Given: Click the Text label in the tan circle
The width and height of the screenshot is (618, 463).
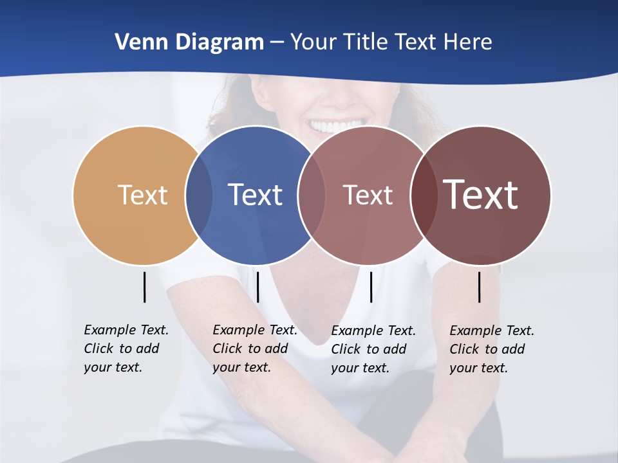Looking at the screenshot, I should (142, 195).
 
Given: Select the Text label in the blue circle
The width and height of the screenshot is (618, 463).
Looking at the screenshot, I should (255, 195).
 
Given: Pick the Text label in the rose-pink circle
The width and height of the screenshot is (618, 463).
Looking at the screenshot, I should (368, 195).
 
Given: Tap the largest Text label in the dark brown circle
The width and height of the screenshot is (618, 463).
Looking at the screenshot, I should (481, 195).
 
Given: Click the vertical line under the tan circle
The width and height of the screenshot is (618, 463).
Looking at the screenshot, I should (144, 287).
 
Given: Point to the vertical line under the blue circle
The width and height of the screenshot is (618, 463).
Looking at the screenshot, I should (257, 287).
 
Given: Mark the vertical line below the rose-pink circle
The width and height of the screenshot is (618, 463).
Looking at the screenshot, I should (371, 287).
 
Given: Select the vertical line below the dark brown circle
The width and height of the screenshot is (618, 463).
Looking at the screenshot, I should (479, 287).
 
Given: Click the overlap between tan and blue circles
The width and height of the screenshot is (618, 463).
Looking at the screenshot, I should (198, 195).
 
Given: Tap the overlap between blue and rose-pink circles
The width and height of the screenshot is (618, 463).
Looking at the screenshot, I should (311, 195).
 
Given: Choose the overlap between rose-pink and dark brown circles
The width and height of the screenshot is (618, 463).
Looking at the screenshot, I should (423, 195).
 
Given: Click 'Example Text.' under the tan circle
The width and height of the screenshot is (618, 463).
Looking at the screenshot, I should (126, 330).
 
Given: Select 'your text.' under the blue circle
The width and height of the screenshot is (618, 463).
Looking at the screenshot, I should (241, 367).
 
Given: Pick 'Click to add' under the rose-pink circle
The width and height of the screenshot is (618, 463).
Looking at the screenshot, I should (369, 349).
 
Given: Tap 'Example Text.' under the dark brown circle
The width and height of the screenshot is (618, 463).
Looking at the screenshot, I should (492, 331).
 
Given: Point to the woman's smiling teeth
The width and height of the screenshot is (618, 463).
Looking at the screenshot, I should (336, 125).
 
